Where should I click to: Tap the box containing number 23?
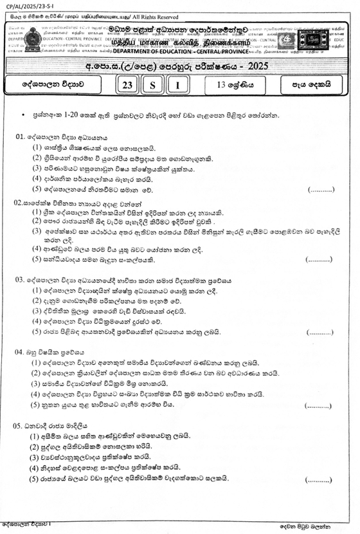click(x=129, y=85)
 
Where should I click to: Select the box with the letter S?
click(x=154, y=85)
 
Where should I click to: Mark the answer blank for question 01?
click(x=321, y=190)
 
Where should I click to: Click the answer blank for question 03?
click(x=320, y=333)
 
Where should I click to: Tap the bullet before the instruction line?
click(x=23, y=115)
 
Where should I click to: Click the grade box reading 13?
click(x=235, y=85)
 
